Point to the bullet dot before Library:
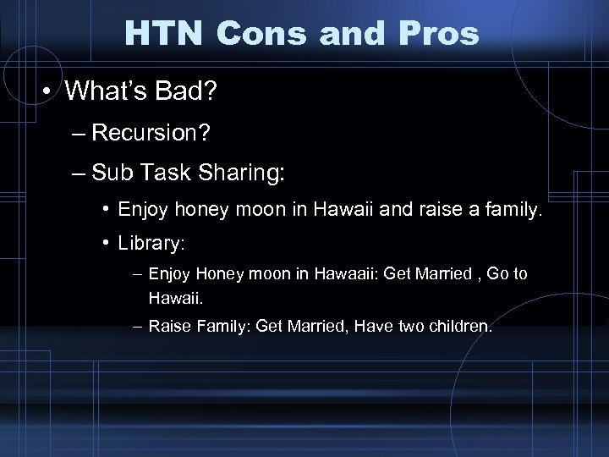click(x=107, y=242)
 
